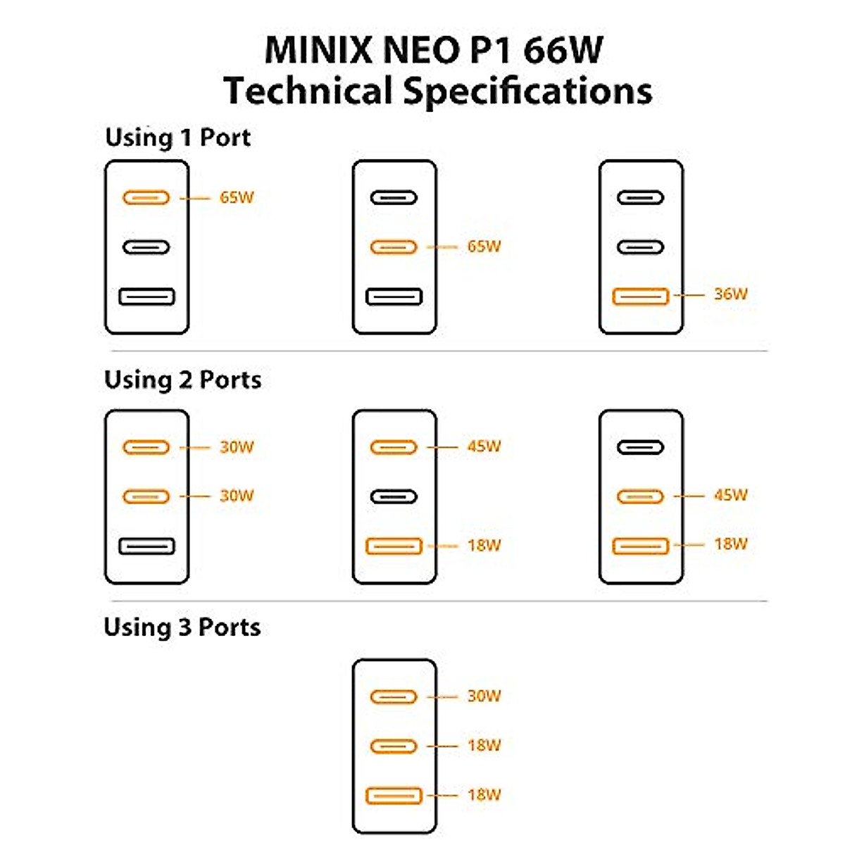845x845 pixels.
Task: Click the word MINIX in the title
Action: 319,51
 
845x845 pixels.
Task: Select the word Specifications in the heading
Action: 527,92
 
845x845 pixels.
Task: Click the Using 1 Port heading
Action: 177,138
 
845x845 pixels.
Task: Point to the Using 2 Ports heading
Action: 183,380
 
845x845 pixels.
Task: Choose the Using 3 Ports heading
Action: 182,627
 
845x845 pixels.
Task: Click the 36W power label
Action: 730,294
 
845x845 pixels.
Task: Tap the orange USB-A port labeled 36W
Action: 640,296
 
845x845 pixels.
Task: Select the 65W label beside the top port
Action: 237,197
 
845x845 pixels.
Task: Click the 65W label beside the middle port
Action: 484,246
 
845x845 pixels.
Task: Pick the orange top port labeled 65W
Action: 146,198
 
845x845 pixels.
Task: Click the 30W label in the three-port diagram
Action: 484,696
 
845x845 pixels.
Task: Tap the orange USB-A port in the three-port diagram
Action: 394,796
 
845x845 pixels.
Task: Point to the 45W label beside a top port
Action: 484,446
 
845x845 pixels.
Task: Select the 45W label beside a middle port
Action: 730,495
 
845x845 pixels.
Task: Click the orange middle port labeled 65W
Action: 394,247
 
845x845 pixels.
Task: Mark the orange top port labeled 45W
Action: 394,447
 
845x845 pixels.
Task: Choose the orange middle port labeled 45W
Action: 640,496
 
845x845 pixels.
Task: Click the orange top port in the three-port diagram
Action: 394,697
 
